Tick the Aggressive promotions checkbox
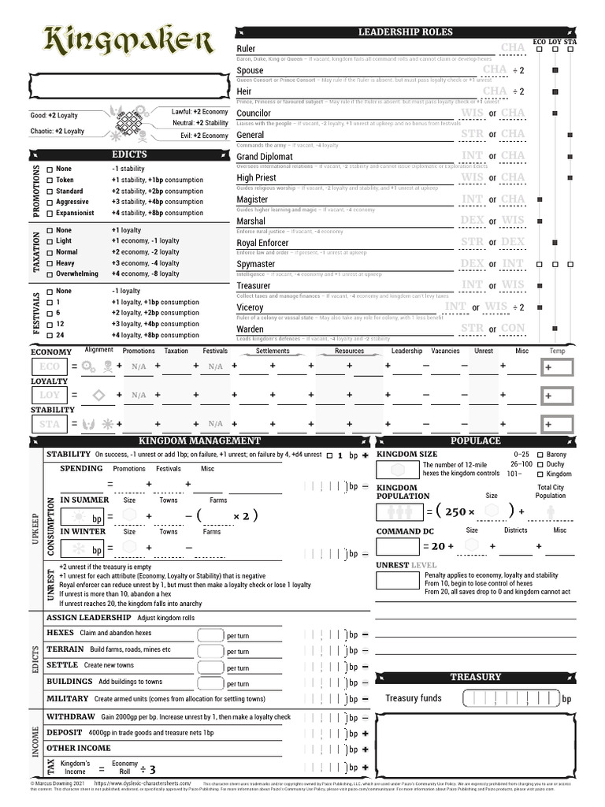click(50, 202)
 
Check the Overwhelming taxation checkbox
click(50, 274)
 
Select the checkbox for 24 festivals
click(50, 335)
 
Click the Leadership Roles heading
click(405, 32)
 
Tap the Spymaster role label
click(256, 265)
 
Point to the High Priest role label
click(256, 178)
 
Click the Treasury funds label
click(413, 698)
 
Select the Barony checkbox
click(540, 455)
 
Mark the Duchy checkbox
click(540, 464)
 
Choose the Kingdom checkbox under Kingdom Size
click(540, 474)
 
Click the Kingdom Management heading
click(199, 441)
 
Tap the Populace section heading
click(475, 441)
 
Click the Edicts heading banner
click(128, 154)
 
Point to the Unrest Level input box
click(397, 581)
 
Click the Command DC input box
click(398, 546)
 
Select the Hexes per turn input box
click(210, 635)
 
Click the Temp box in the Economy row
click(557, 367)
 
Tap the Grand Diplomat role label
click(265, 157)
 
